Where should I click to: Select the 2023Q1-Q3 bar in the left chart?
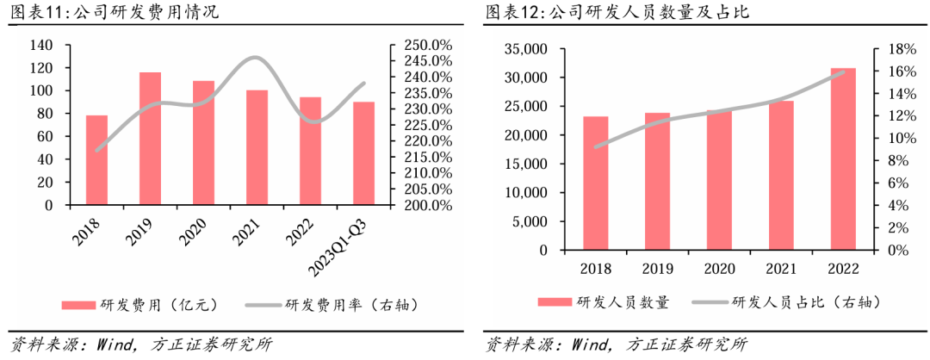[x=363, y=153]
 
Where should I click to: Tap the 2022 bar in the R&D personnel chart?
[x=843, y=158]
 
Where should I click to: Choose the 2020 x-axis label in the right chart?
[x=719, y=268]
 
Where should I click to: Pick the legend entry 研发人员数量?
[x=603, y=301]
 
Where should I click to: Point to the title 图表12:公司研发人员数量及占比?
[x=611, y=12]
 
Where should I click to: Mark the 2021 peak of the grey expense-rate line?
[x=256, y=58]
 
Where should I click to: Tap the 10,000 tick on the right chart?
[x=525, y=193]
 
